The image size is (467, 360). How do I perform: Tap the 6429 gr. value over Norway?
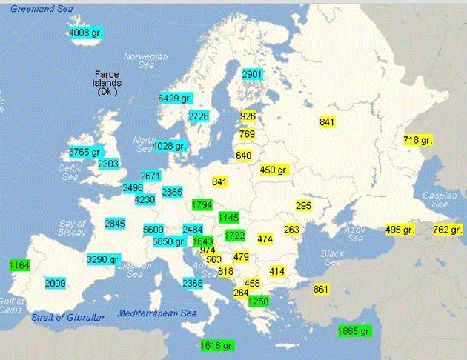[x=174, y=98]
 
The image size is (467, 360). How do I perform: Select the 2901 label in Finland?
[x=252, y=74]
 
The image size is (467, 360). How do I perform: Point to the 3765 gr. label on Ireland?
[x=84, y=151]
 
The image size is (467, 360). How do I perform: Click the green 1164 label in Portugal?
[x=19, y=264]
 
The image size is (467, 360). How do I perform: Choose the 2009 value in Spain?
[x=56, y=283]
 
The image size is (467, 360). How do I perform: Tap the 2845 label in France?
[x=115, y=223]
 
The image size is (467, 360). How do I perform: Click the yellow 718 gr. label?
[x=417, y=139]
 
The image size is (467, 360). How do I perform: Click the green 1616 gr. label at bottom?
[x=217, y=345]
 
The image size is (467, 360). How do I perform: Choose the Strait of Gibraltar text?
[x=67, y=317]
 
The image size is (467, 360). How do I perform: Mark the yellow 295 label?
[x=303, y=205]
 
